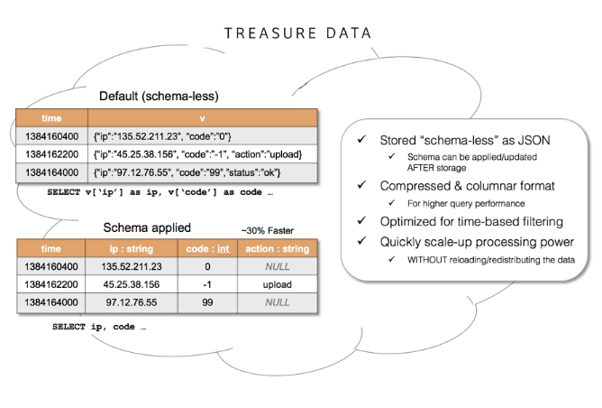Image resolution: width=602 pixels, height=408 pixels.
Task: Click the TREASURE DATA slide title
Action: tap(298, 33)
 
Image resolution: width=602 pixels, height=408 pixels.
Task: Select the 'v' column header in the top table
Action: tap(202, 117)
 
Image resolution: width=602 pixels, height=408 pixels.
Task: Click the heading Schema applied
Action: tap(147, 227)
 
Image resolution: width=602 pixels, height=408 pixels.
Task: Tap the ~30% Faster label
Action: tap(266, 229)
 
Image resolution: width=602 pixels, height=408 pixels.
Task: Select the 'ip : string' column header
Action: tap(132, 248)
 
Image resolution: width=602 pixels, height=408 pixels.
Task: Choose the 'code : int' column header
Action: tap(208, 248)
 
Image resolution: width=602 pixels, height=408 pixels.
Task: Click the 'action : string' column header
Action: tap(278, 248)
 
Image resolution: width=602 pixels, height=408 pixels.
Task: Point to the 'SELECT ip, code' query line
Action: tap(99, 326)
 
